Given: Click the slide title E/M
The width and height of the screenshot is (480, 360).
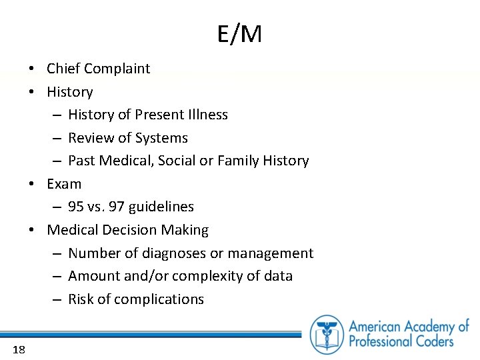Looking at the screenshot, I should (x=239, y=34).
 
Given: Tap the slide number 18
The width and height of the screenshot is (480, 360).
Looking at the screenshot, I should (x=18, y=349).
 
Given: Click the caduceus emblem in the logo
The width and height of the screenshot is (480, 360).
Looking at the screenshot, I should (x=327, y=334).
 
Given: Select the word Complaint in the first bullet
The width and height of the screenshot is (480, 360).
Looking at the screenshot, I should (x=117, y=69).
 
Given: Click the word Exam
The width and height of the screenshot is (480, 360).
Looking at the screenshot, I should (x=64, y=184).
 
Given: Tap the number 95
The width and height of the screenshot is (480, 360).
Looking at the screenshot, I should (x=76, y=207).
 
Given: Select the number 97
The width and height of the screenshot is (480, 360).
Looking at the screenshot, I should (x=117, y=207).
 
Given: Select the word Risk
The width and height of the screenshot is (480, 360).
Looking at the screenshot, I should (x=81, y=299).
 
